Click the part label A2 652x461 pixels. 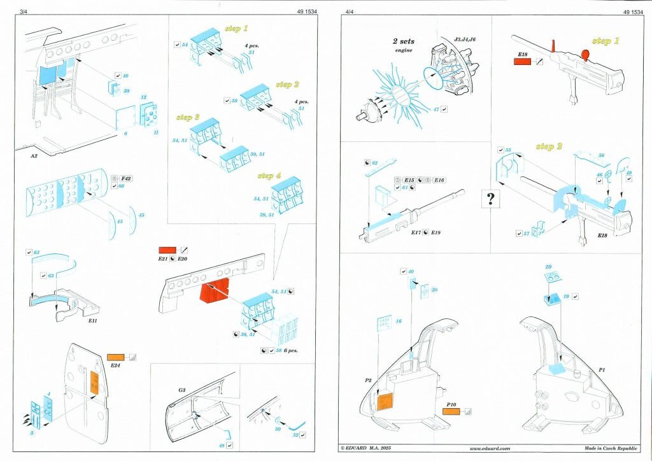pyautogui.click(x=36, y=155)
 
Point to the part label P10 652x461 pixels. pyautogui.click(x=453, y=404)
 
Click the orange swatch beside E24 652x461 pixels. pyautogui.click(x=117, y=358)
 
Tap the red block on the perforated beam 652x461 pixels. pyautogui.click(x=215, y=292)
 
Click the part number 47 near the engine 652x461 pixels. pyautogui.click(x=437, y=109)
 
